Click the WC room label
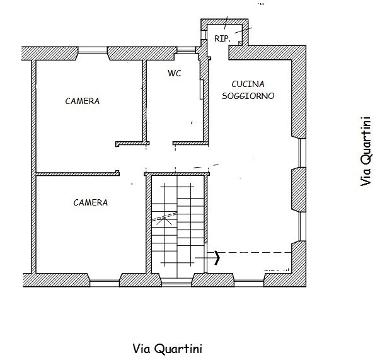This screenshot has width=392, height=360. click(174, 73)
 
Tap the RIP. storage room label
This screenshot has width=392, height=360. click(222, 38)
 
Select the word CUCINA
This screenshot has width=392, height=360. click(248, 84)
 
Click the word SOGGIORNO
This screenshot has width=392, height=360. click(248, 96)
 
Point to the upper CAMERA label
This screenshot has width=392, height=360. click(83, 101)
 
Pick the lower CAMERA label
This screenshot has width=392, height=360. click(91, 202)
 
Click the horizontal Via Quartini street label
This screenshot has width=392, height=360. click(167, 349)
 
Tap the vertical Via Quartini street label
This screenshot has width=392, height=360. click(366, 151)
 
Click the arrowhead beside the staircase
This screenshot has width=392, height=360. click(217, 258)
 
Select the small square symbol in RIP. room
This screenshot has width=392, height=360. click(240, 44)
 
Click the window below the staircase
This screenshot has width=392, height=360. click(176, 282)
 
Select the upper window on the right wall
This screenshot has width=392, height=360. click(303, 153)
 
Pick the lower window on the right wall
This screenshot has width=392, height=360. click(303, 227)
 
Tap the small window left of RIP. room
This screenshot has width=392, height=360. click(204, 35)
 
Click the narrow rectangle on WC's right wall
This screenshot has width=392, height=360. click(202, 90)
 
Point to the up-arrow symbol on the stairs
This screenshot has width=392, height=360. click(164, 221)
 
